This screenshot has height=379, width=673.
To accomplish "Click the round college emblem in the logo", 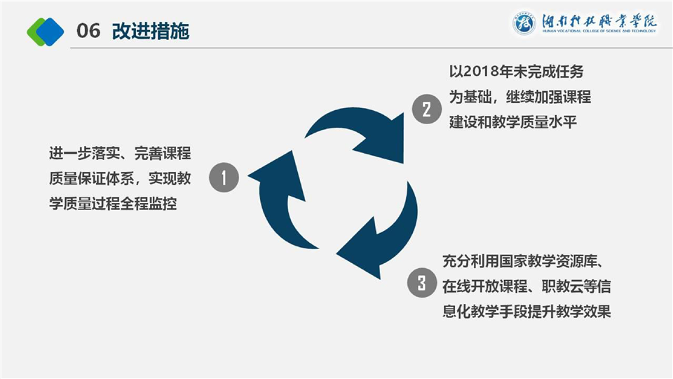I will pos(524,24).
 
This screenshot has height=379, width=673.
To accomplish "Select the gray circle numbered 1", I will pos(224,178).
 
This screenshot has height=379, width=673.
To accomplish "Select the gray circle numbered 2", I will pos(426,109).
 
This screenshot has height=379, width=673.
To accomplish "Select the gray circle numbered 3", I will pos(421,284).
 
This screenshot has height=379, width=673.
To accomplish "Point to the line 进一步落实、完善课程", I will pos(121,154).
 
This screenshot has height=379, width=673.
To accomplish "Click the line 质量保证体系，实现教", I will pos(121,179).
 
